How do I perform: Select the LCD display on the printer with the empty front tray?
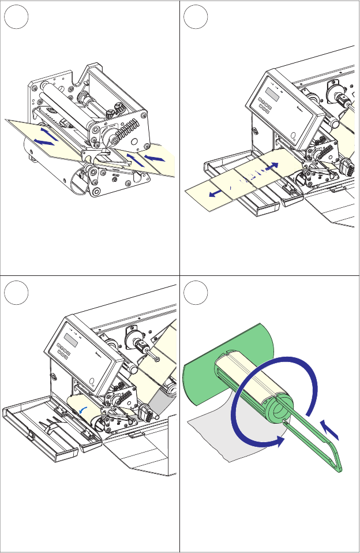coord(71,339)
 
